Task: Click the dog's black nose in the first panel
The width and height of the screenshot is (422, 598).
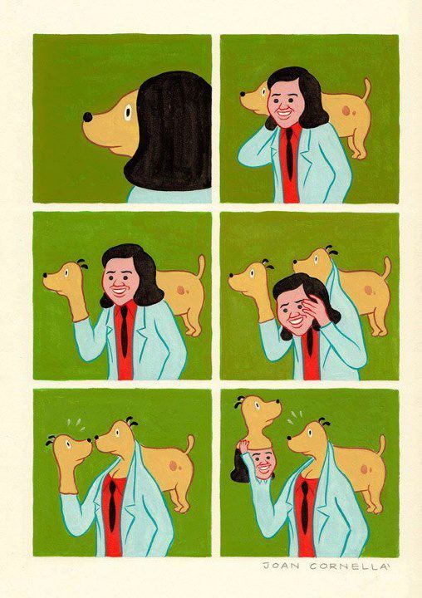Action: pyautogui.click(x=87, y=117)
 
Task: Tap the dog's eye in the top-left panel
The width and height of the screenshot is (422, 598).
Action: pyautogui.click(x=127, y=112)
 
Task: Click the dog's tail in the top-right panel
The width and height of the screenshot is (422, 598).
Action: pyautogui.click(x=366, y=91)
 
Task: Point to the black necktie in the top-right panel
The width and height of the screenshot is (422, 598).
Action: pyautogui.click(x=289, y=153)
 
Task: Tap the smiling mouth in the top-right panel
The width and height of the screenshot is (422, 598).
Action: pyautogui.click(x=284, y=113)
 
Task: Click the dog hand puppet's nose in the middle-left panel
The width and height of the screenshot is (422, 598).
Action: pyautogui.click(x=46, y=275)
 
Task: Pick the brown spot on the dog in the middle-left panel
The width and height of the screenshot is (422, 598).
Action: pyautogui.click(x=181, y=290)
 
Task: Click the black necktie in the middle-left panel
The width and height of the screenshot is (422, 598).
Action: pyautogui.click(x=124, y=331)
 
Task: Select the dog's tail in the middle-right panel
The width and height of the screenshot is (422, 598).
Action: pyautogui.click(x=385, y=268)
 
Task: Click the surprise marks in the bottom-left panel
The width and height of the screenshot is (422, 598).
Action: pyautogui.click(x=76, y=424)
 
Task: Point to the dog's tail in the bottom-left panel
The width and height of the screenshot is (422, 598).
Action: pyautogui.click(x=189, y=444)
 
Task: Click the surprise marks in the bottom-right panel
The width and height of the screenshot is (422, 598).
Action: pyautogui.click(x=296, y=417)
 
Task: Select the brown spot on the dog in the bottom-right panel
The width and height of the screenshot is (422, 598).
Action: pyautogui.click(x=365, y=469)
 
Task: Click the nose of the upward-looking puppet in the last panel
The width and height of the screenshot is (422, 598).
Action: pyautogui.click(x=278, y=402)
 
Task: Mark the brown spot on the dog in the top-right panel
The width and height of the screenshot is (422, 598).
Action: pyautogui.click(x=347, y=111)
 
